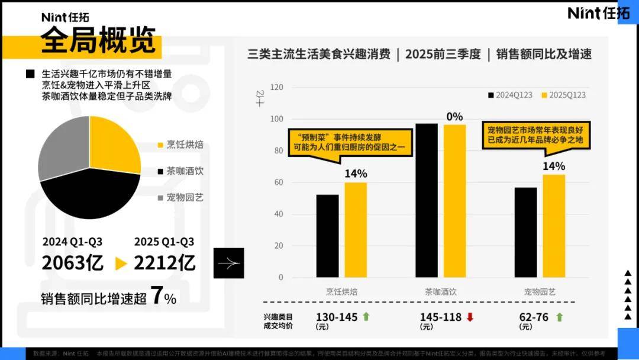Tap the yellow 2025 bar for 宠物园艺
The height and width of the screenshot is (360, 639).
[x=554, y=226]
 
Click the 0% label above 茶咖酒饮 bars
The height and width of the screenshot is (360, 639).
[x=454, y=117]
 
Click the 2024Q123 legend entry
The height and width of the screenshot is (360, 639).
[x=510, y=95]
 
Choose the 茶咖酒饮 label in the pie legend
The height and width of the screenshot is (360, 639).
[x=185, y=171]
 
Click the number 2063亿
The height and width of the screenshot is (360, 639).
[x=72, y=263]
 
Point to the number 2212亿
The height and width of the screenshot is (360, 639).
[x=164, y=263]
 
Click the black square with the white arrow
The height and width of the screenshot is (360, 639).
[x=228, y=263]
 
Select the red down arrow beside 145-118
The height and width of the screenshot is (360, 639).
[x=470, y=317]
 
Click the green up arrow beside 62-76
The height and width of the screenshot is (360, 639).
[x=559, y=317]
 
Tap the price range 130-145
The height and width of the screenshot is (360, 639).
[x=337, y=317]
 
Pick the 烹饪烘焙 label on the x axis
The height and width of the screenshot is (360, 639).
[x=341, y=291]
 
